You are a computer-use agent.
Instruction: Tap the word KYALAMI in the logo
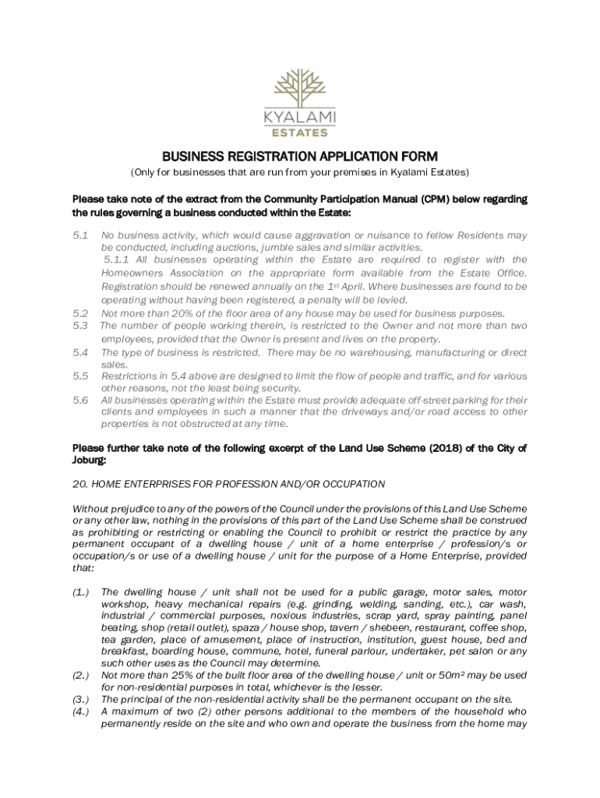coord(299,117)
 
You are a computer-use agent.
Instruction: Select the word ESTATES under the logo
coord(299,132)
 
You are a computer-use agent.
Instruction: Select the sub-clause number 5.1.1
coord(118,260)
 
